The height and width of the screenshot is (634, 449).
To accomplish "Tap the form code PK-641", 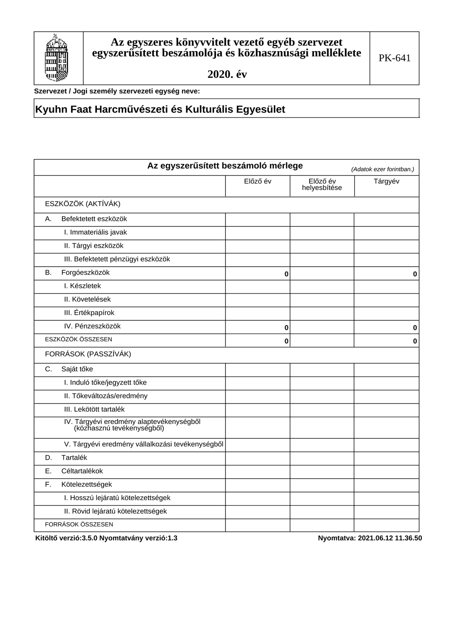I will coord(394,58).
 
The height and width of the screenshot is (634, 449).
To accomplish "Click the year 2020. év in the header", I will coord(227,75).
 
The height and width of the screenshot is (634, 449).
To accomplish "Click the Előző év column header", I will coord(258,181).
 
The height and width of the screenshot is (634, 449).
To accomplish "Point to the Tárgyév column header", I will coord(387,181).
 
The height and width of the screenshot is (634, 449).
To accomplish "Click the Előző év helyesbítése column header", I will coord(322,184).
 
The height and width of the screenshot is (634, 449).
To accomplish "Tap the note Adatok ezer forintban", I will coord(382,169).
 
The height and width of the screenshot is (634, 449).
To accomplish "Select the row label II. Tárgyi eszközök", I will coord(94,246).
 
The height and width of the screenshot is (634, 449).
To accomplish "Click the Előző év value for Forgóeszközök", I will coord(286,274).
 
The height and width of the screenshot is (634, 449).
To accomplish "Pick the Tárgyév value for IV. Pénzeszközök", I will coord(415,328).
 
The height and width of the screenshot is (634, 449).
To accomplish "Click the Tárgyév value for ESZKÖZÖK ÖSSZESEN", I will coord(415,341).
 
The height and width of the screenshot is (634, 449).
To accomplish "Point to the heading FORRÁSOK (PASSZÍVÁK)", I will coord(88,354).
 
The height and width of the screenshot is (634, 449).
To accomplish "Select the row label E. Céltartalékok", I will coord(74,471).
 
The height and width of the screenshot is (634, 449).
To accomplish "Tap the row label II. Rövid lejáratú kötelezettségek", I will coord(115,512).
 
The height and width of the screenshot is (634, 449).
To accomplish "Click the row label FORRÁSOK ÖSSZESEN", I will coord(79,525).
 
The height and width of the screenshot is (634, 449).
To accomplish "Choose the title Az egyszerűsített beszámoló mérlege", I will coord(225,166).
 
